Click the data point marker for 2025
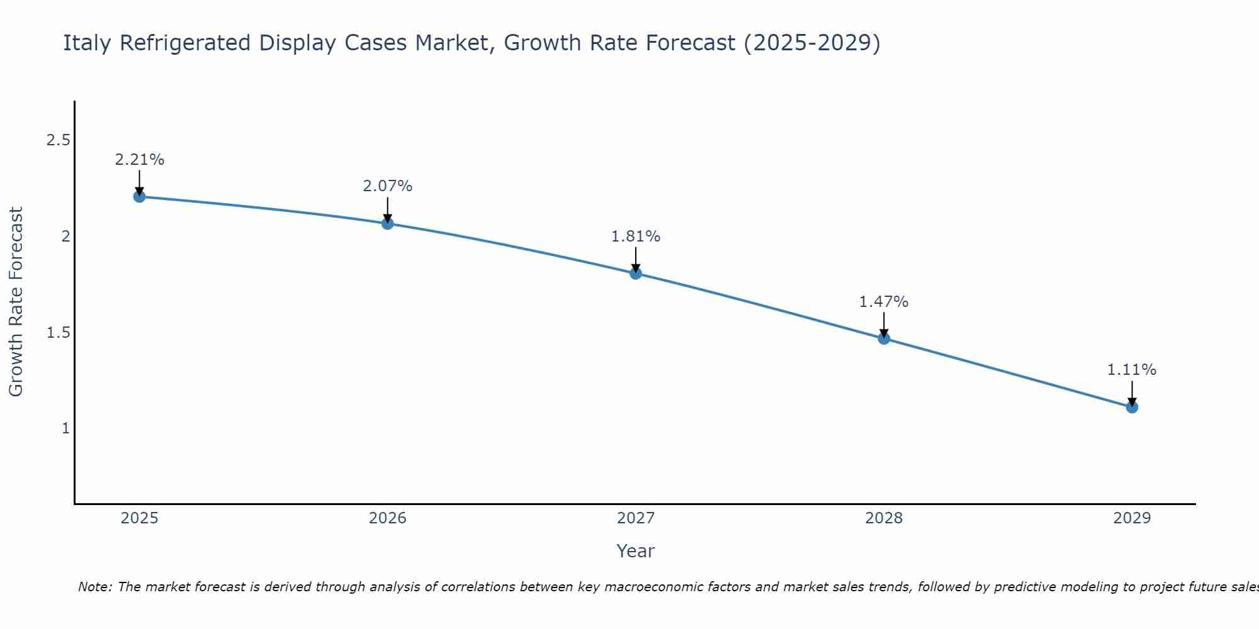pos(139,196)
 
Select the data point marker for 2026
pos(388,223)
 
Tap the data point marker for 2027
pos(636,273)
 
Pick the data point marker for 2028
pos(884,338)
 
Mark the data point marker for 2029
pos(1132,407)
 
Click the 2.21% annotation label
pos(139,160)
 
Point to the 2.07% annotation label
pos(388,186)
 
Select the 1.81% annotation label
pos(636,237)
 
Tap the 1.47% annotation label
pos(884,302)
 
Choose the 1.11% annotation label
pos(1132,370)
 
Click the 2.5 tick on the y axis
pos(58,140)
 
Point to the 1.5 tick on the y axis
pos(58,333)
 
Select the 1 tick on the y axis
pos(65,428)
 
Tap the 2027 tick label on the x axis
pos(636,518)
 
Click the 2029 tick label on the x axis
pos(1132,518)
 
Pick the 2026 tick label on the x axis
pos(388,518)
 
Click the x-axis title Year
pos(636,551)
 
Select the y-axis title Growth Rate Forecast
pos(16,302)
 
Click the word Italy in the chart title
pos(88,43)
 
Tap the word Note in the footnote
pos(94,587)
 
